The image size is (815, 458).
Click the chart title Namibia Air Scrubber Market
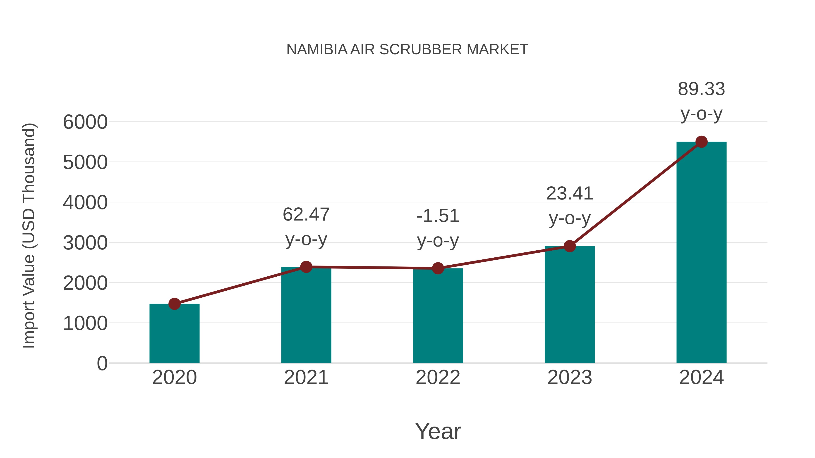coord(407,49)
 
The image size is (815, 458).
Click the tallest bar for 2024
coord(701,253)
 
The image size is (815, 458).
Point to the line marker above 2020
coord(174,304)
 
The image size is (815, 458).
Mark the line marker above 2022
coord(438,268)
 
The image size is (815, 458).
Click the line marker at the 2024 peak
coord(701,142)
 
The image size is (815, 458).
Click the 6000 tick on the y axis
coord(85,122)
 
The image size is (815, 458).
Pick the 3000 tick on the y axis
coord(85,243)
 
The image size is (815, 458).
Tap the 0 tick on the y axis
coord(102,363)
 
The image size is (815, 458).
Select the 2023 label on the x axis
coord(570,377)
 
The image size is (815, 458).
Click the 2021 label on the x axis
coord(306,377)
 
